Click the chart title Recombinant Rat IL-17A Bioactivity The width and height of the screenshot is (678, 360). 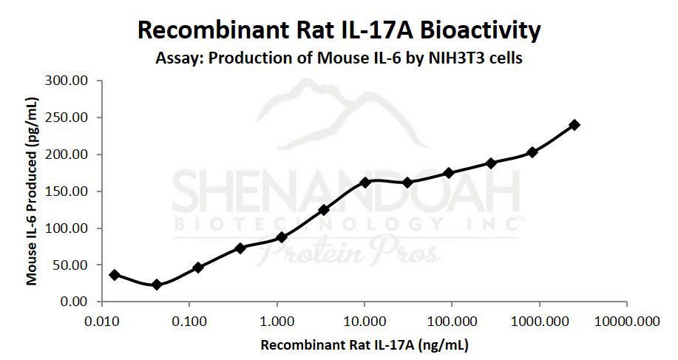[339, 30]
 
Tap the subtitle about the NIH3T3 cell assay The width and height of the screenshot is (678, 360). [339, 58]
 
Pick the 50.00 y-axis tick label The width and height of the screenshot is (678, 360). [70, 265]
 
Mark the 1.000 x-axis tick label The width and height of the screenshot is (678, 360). [277, 323]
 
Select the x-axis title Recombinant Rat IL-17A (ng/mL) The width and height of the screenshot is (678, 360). [364, 344]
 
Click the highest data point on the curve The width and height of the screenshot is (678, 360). [574, 125]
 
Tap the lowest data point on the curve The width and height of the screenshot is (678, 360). [156, 285]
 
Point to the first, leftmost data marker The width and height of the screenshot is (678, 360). [114, 275]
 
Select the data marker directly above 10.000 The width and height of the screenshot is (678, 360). [365, 182]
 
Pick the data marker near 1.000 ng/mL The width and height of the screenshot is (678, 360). [282, 237]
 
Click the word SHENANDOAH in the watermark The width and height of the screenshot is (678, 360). [345, 194]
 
